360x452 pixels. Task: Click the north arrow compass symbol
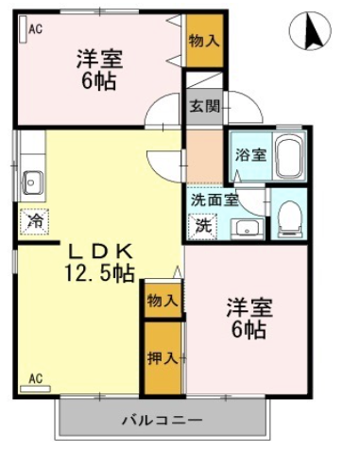pos(310,30)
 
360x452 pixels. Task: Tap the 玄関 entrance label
pos(204,107)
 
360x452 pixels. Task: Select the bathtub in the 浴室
pos(290,156)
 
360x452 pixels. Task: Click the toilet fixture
pos(290,218)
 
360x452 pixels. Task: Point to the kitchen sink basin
pos(32,183)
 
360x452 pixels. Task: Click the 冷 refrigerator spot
pos(35,221)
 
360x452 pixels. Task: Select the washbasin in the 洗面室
pos(247,229)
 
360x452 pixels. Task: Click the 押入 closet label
pos(163,358)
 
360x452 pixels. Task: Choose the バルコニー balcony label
pos(162,420)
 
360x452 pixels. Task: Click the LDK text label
pos(100,252)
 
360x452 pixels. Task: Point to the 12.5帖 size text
pos(99,273)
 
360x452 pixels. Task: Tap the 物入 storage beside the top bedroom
pos(204,41)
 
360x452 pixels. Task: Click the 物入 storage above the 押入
pos(163,301)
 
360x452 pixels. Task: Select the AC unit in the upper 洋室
pos(24,28)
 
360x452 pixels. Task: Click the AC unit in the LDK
pos(35,389)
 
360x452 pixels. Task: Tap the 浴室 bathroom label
pos(250,155)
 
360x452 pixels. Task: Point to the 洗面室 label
pos(214,200)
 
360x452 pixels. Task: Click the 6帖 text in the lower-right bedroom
pos(249,329)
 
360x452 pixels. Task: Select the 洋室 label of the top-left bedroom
pos(99,59)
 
